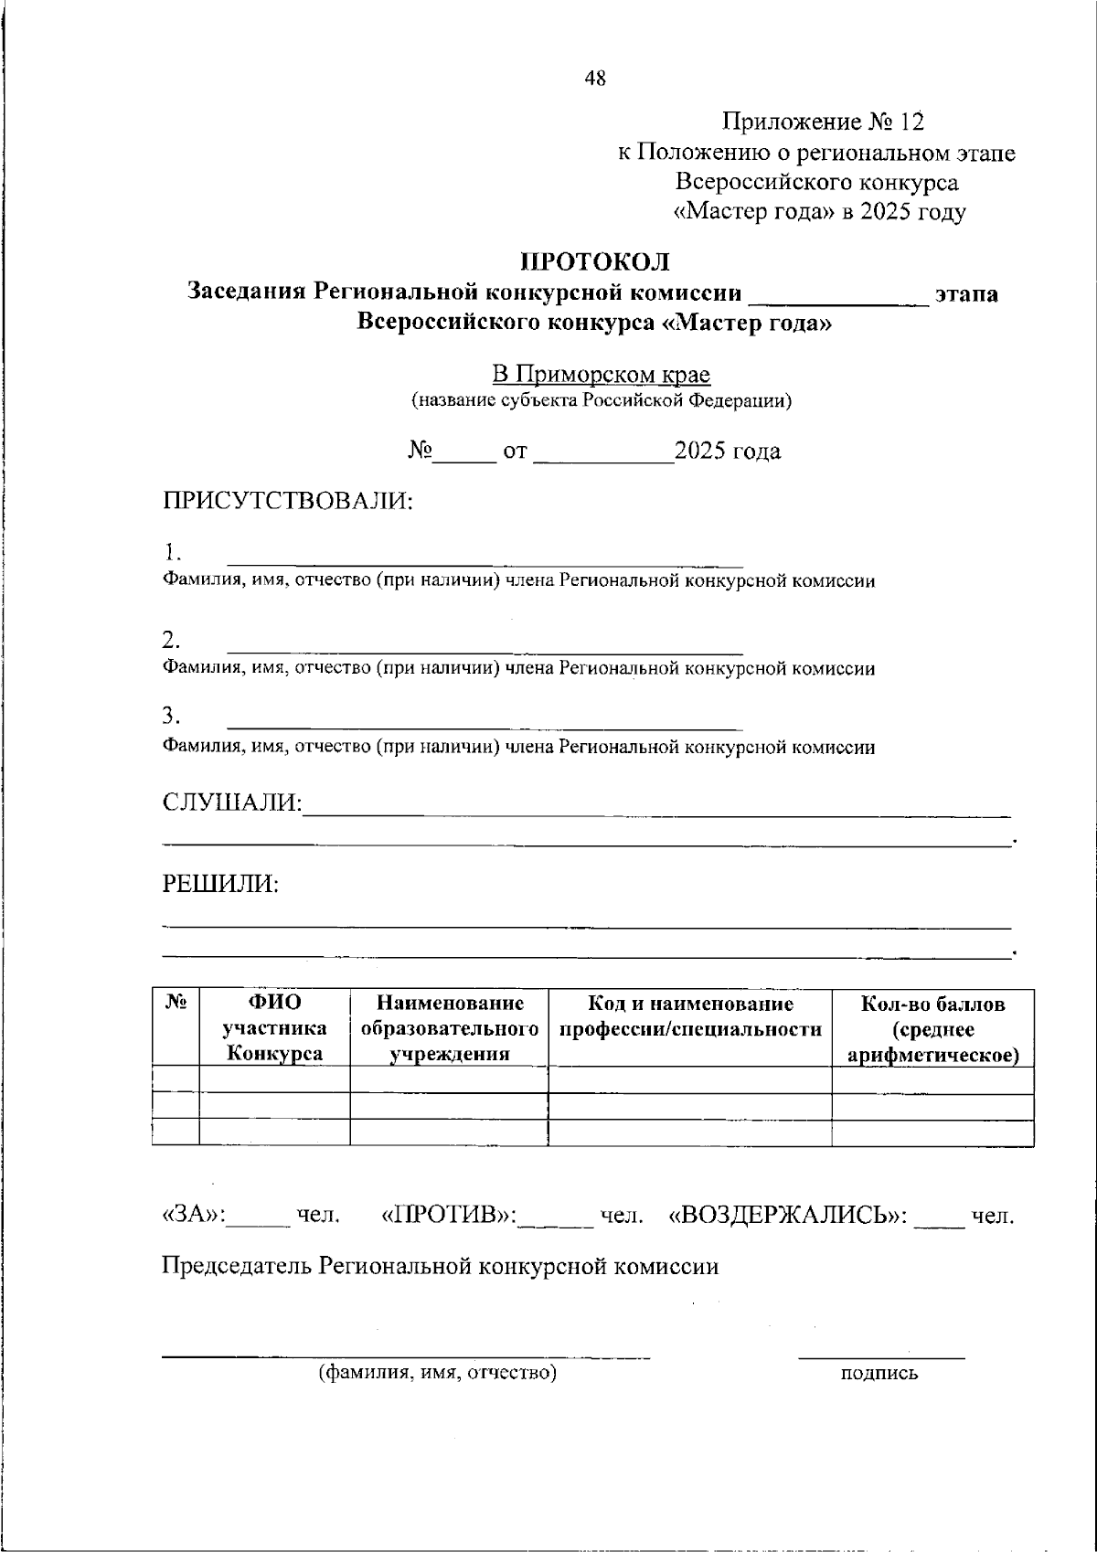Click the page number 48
[x=595, y=79]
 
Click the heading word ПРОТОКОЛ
[x=595, y=261]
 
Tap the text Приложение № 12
[x=824, y=122]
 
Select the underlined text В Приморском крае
[x=601, y=375]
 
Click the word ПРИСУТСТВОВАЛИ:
[x=288, y=501]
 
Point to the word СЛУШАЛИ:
[x=232, y=803]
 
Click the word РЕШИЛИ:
[x=220, y=884]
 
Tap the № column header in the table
[x=176, y=1004]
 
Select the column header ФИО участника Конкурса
[x=274, y=1028]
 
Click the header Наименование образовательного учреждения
[x=449, y=1028]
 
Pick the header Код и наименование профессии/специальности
[x=690, y=1016]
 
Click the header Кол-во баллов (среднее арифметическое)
[x=932, y=1028]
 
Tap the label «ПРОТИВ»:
[x=448, y=1216]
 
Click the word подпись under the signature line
[x=879, y=1373]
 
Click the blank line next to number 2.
[x=485, y=651]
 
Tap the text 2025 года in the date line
[x=727, y=452]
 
